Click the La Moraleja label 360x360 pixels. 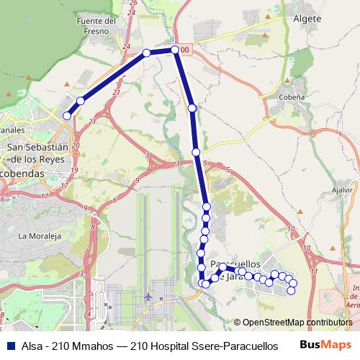coord(37,236)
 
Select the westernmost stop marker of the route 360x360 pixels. coord(67,115)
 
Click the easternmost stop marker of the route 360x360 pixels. coord(292,290)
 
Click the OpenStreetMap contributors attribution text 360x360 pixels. coord(292,323)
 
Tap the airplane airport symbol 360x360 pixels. coord(148,296)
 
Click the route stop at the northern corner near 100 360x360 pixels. coord(175,50)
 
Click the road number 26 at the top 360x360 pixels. coord(132,3)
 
